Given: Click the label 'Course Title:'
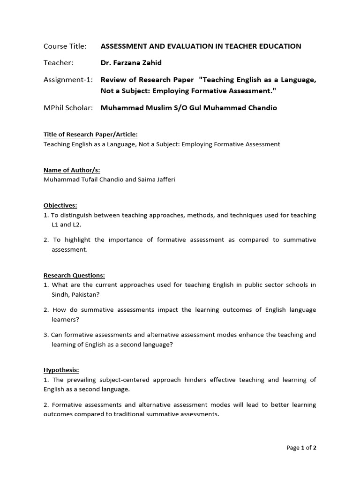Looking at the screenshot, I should tap(65, 46).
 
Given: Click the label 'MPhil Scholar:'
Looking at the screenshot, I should tap(68, 108).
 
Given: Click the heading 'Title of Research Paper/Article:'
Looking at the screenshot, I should tap(90, 135).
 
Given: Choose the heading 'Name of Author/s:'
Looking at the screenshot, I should tap(72, 170).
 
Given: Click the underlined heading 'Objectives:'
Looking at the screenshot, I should tap(60, 205).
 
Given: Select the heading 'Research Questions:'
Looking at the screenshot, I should tap(74, 276).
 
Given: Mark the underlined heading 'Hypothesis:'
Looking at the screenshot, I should tap(61, 370).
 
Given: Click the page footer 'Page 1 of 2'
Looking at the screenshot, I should tap(301, 448).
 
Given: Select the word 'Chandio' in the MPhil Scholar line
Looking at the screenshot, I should tap(262, 108).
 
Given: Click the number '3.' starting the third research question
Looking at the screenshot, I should tap(46, 335).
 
